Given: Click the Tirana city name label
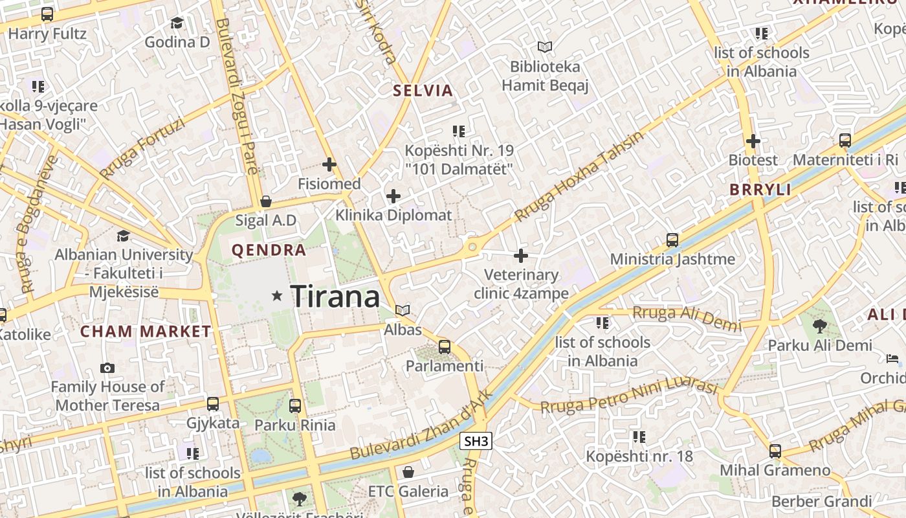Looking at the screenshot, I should [x=335, y=297].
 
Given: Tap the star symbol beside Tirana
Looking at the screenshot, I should [x=278, y=296].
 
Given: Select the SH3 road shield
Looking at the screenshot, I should [x=476, y=442].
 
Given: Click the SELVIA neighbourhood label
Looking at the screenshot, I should [x=423, y=91].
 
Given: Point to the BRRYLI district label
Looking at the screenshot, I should [x=760, y=190].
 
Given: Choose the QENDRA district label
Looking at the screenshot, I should [x=269, y=250].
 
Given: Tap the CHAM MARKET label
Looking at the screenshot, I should [x=146, y=332].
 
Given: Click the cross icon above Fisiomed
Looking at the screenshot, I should [x=329, y=164].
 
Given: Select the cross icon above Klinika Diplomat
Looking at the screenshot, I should [x=393, y=196].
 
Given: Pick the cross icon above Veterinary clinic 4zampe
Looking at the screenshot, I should [x=521, y=256].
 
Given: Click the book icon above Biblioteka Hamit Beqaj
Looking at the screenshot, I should [x=545, y=47].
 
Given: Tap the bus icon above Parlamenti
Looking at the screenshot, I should [x=445, y=346].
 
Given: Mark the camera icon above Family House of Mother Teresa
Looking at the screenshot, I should [x=107, y=368].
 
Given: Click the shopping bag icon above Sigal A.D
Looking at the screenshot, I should [x=265, y=202].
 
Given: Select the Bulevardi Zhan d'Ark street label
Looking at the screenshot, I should [x=421, y=426].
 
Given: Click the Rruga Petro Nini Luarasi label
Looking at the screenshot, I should [x=629, y=397].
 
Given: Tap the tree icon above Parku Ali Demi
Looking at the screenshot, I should [x=819, y=326].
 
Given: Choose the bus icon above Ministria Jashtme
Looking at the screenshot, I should [x=672, y=240].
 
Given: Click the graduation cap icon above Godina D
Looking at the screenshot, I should [x=177, y=23].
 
